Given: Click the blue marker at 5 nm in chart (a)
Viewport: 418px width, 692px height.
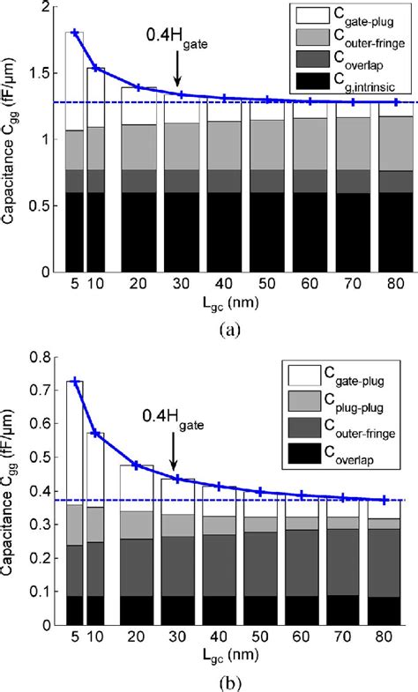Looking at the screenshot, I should click(x=75, y=33).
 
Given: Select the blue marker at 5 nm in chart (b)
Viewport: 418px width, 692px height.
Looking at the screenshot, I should click(x=75, y=382).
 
